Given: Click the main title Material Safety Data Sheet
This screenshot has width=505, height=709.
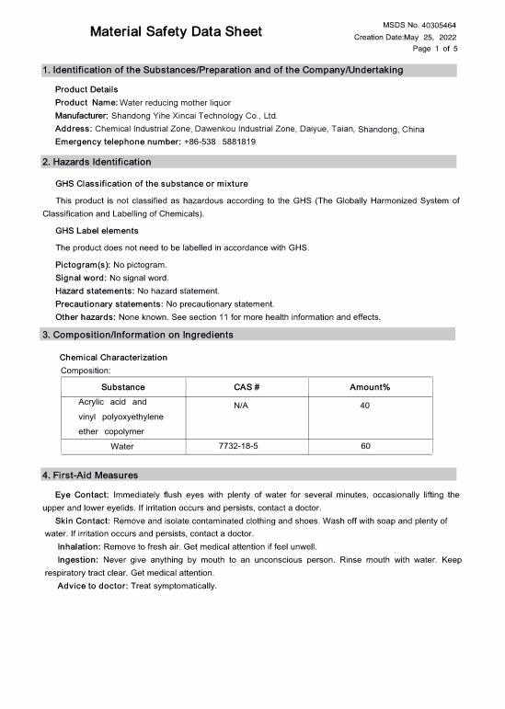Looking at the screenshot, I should point(176,32).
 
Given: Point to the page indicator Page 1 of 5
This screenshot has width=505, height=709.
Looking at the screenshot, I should point(435,49).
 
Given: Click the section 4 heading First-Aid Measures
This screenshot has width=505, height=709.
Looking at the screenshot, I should point(90,475).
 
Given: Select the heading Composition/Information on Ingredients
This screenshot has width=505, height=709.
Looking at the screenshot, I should point(143,335).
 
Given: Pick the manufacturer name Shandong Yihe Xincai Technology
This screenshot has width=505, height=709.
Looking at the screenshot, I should point(194,117).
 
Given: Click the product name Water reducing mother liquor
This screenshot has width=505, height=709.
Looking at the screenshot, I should point(176,103).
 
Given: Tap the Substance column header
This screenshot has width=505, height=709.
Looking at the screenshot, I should point(122,387).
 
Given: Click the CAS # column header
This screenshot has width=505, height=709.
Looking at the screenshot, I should point(241,387).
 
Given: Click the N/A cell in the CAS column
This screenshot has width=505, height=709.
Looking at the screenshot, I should point(241,405).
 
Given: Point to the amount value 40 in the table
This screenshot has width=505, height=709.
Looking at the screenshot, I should point(365,405).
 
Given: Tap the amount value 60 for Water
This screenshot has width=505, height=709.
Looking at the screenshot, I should point(365,446).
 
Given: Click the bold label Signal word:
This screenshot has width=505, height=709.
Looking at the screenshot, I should point(81,278).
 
